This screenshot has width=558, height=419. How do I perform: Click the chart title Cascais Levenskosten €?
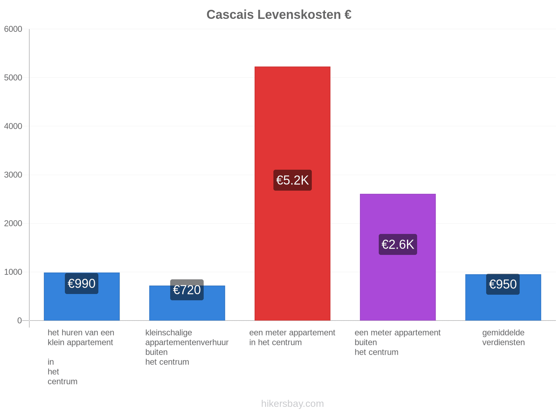279,15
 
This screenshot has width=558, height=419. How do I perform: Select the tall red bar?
292,193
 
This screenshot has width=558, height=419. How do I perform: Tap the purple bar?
398,257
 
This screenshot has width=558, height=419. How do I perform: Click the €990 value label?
82,284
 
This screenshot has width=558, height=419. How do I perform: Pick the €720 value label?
187,290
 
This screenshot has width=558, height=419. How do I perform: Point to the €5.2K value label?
292,180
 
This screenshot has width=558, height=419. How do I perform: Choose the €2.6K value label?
398,244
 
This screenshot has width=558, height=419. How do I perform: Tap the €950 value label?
503,284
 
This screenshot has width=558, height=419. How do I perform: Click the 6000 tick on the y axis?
13,29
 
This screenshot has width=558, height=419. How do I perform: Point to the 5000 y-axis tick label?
13,78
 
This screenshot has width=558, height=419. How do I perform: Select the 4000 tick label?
13,126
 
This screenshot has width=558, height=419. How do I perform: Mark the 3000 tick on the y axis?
13,175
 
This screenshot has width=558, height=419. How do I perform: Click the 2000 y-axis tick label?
13,223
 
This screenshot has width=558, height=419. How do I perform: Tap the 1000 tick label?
13,272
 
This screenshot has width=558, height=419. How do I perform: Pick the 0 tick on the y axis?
20,321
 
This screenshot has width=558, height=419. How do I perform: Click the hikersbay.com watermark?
292,404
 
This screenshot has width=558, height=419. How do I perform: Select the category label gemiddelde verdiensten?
503,337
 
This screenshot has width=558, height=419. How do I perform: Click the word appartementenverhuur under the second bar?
187,343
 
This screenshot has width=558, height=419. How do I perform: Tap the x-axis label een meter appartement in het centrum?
292,337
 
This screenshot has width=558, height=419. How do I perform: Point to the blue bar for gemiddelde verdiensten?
503,297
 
